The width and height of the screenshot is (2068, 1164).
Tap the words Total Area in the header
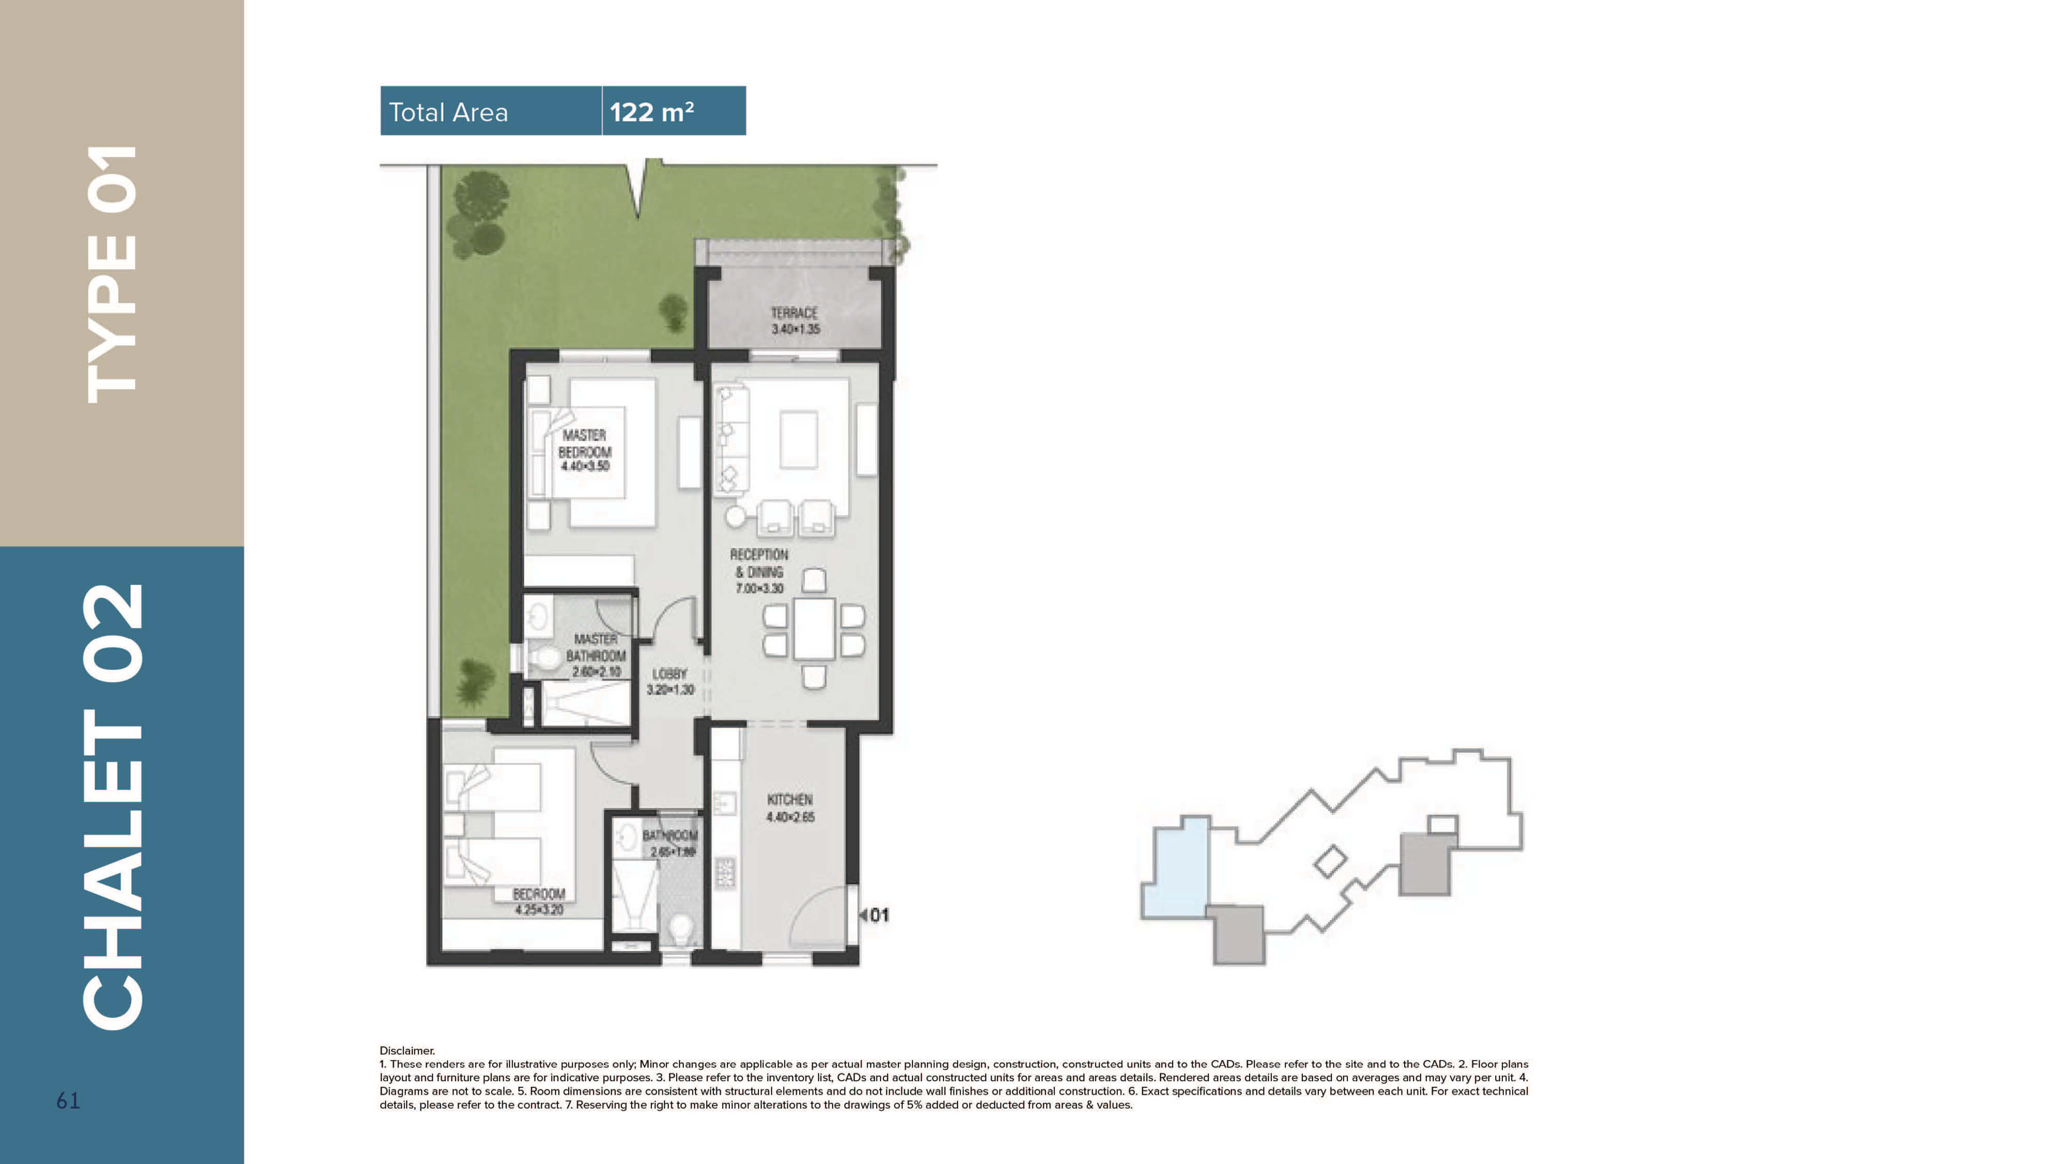[448, 112]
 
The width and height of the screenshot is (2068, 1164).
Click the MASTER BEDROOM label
[584, 450]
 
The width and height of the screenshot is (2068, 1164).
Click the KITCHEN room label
[790, 807]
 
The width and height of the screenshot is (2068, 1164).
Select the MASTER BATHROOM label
[596, 654]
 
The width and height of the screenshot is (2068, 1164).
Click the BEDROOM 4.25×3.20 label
[539, 901]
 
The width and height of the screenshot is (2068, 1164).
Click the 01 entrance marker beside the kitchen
[877, 915]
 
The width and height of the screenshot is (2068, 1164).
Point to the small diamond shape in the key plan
[1329, 861]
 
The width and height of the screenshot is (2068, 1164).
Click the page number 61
[68, 1100]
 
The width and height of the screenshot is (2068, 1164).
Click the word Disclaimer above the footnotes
[407, 1050]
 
